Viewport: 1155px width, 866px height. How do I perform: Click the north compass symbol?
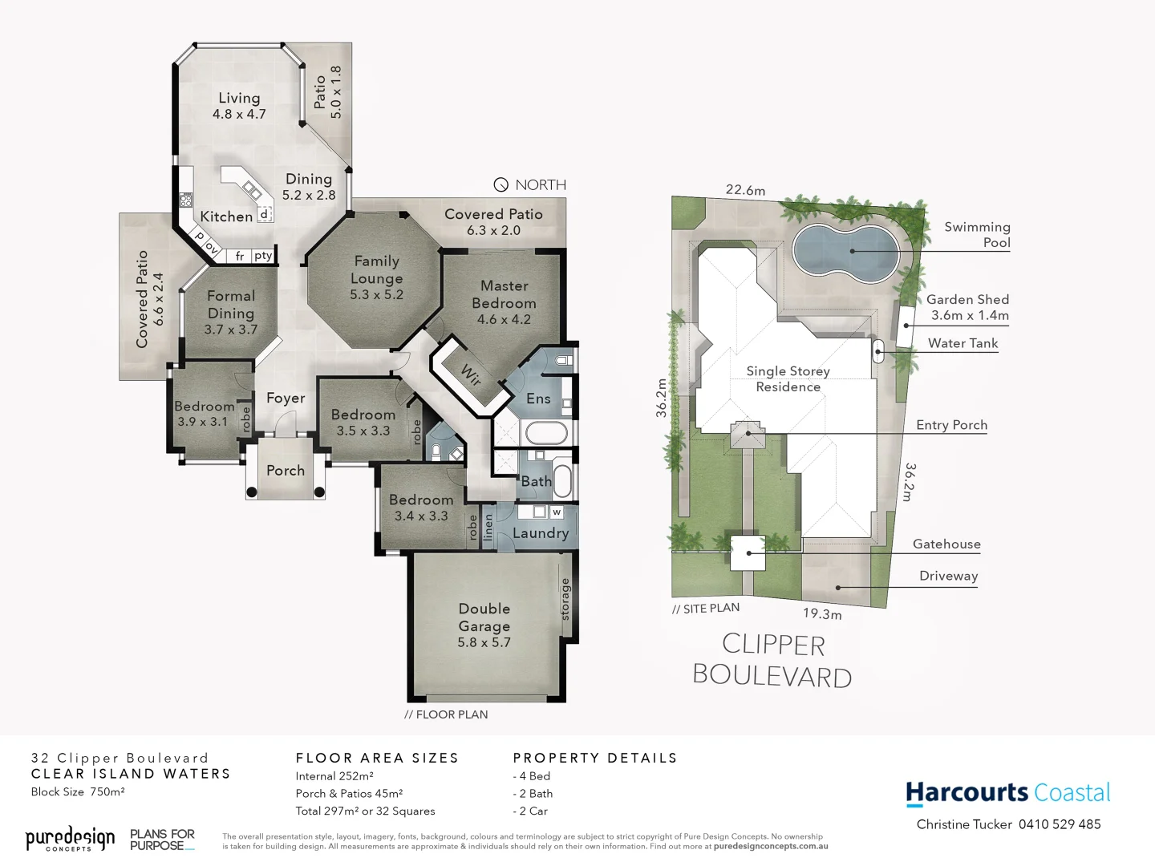point(501,185)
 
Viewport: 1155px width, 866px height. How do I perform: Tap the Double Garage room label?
point(484,617)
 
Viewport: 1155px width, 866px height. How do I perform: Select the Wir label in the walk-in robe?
point(471,374)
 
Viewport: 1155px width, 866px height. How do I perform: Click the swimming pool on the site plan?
point(844,249)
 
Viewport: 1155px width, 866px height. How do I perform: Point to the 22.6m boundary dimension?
point(745,190)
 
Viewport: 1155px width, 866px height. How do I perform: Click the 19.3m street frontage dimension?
point(822,614)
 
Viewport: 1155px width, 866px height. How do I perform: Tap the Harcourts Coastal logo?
point(1008,793)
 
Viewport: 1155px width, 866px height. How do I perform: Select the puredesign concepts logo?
point(71,839)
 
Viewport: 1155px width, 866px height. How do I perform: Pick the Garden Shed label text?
point(967,299)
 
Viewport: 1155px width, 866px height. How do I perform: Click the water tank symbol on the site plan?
point(878,350)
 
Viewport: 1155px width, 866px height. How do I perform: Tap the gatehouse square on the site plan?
point(748,552)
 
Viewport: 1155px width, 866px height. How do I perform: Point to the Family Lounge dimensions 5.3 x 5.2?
point(376,294)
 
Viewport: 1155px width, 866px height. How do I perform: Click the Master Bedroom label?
point(504,294)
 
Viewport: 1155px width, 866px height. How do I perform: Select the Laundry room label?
point(540,533)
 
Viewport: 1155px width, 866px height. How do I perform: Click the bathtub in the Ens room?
point(546,434)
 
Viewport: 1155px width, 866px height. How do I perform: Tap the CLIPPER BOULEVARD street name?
point(772,661)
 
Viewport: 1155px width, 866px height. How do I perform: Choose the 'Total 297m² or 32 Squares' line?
point(365,811)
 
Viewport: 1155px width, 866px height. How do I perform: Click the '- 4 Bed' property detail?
point(532,776)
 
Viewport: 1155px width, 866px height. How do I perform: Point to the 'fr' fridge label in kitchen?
point(240,257)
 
